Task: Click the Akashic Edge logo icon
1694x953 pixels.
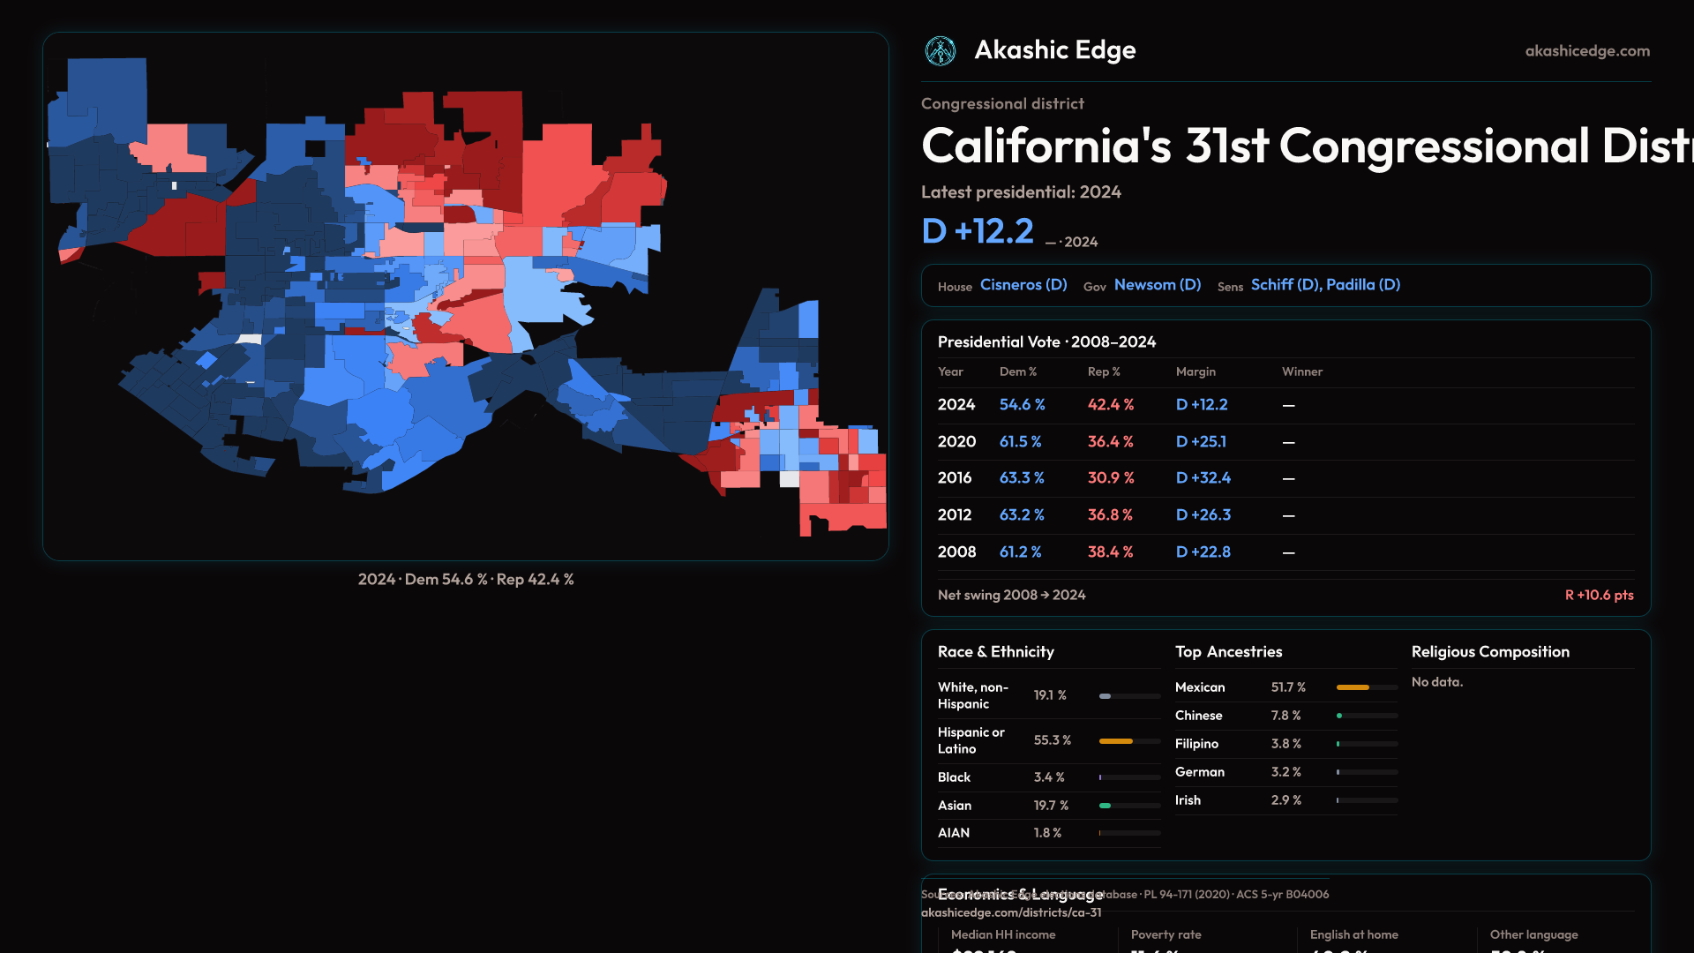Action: (940, 51)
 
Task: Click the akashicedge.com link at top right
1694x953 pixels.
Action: (1587, 51)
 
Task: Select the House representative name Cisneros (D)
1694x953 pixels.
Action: (1023, 285)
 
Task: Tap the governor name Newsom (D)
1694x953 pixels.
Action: (1158, 285)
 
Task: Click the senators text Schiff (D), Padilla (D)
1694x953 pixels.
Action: (1325, 285)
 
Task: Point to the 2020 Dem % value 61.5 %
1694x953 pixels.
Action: (1020, 441)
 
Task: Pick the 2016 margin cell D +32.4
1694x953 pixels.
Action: (1203, 478)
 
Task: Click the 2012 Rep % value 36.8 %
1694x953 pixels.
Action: (1110, 515)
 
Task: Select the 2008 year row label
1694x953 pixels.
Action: (956, 552)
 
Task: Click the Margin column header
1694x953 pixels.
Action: (1196, 371)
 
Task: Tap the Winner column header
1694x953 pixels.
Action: (1301, 371)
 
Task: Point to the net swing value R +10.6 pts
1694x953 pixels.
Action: (1599, 596)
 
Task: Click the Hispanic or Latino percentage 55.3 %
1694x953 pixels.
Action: (1052, 740)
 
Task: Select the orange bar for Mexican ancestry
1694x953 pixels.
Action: (1353, 687)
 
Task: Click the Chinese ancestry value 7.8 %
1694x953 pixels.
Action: (1285, 716)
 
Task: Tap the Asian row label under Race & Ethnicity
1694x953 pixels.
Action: (955, 806)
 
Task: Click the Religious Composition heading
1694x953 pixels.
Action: (1490, 652)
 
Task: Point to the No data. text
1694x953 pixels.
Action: (1436, 682)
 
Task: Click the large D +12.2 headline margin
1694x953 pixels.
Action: (978, 231)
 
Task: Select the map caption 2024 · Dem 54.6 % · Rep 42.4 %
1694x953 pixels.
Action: (466, 580)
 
